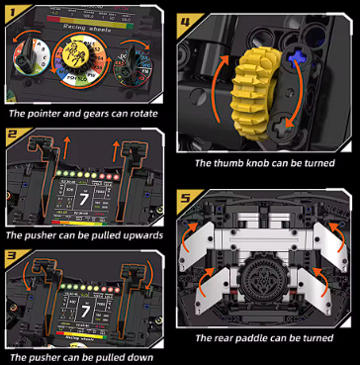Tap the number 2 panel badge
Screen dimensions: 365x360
click(x=13, y=134)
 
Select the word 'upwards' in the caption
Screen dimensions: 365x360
click(x=135, y=236)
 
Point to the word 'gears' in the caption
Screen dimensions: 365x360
click(x=89, y=117)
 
